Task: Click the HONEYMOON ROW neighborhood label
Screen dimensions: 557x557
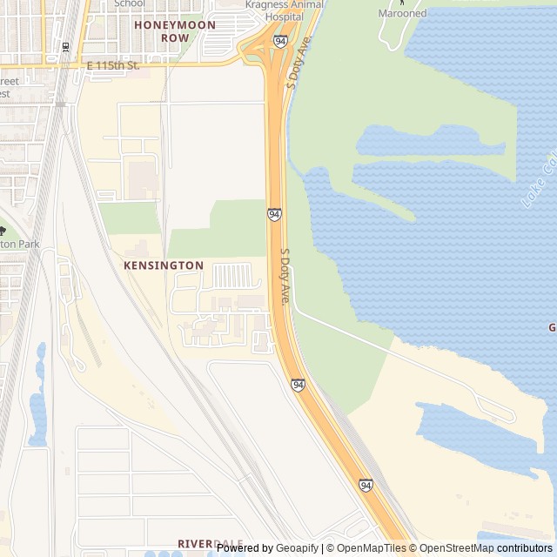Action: (x=162, y=31)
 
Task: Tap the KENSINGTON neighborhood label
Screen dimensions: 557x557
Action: (x=164, y=265)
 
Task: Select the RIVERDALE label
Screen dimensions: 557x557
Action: (x=210, y=543)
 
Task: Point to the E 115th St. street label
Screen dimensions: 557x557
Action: (x=112, y=66)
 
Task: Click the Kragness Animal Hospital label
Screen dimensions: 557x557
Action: (x=283, y=10)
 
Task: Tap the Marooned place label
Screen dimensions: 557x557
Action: (x=402, y=13)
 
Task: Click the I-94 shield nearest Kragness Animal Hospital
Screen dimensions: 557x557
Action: (x=279, y=41)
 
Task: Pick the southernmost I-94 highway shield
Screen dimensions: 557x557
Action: (x=366, y=484)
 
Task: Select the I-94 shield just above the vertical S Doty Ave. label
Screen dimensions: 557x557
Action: (x=274, y=214)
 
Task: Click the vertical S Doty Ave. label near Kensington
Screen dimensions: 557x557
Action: (x=284, y=276)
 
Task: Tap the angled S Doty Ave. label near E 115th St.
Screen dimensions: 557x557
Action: (x=298, y=64)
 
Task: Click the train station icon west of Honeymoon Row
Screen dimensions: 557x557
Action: (x=66, y=46)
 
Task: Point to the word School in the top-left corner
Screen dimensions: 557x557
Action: (x=129, y=3)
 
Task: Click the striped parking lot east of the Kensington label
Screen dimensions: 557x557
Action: (x=232, y=276)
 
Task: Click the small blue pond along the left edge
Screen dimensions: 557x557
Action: (x=37, y=409)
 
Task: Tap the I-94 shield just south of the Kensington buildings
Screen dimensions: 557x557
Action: (x=298, y=384)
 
